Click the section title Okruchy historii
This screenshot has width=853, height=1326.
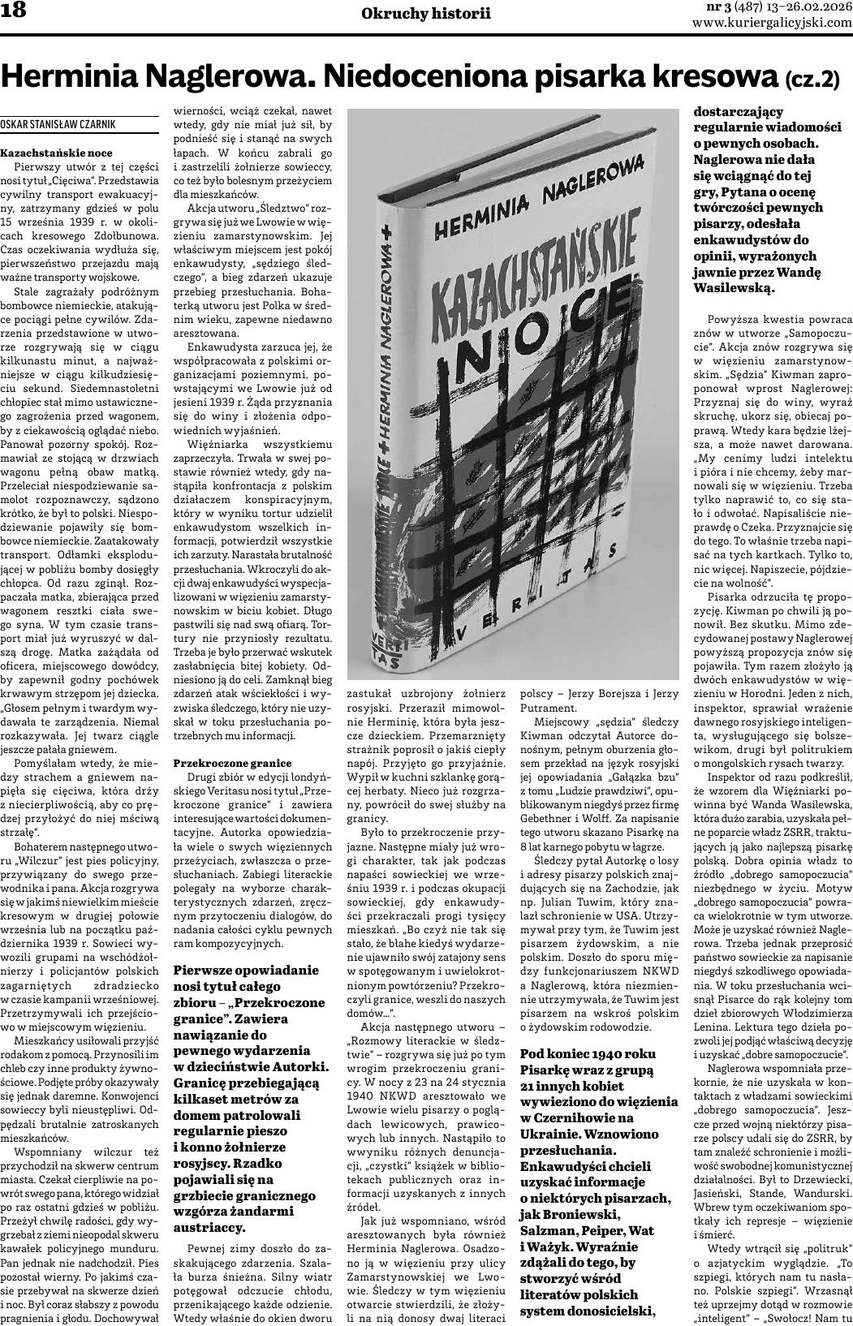tap(426, 13)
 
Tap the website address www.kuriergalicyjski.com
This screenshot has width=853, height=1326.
tap(771, 23)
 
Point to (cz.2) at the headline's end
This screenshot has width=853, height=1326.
tap(811, 80)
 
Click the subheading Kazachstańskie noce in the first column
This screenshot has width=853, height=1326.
tap(45, 152)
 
